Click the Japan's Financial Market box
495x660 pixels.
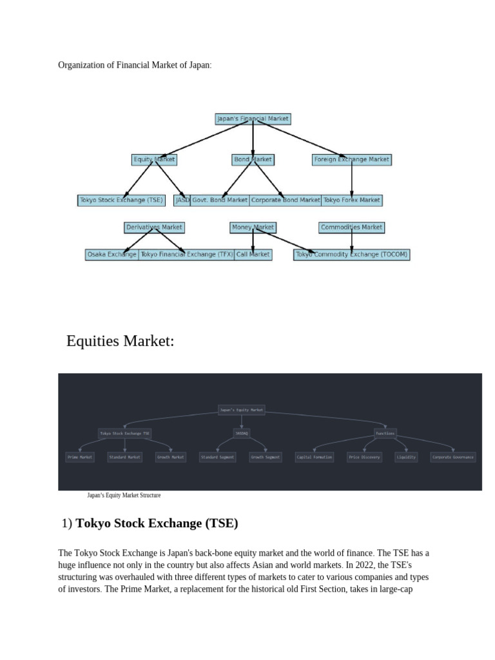point(253,119)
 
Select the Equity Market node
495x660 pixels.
point(153,159)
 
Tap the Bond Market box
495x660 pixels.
point(253,159)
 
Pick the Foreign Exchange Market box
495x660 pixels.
point(351,159)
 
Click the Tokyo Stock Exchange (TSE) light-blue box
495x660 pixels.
point(121,200)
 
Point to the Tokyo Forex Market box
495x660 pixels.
point(351,200)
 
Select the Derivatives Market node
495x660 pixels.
point(154,228)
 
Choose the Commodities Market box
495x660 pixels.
point(351,228)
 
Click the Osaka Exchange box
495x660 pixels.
point(112,255)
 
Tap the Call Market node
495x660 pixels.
point(253,255)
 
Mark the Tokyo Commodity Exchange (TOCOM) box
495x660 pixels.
point(352,255)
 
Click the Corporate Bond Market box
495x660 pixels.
point(285,200)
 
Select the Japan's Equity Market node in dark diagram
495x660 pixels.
point(242,410)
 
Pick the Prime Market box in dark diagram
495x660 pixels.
point(80,457)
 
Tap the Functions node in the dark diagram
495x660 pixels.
point(385,434)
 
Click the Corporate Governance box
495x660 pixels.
point(452,457)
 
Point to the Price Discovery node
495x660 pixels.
point(364,457)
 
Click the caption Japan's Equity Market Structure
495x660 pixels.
point(124,496)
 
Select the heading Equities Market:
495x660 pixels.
point(121,342)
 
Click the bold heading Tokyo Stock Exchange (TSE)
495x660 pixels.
point(157,523)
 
